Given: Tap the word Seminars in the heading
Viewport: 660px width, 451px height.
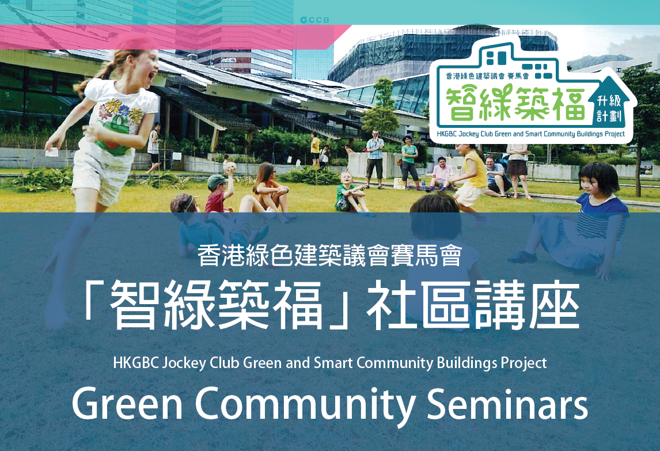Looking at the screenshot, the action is [x=507, y=403].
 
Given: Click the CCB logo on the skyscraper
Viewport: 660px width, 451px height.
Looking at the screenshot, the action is [x=314, y=20].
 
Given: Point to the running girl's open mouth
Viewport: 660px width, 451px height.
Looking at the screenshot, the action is [x=150, y=77].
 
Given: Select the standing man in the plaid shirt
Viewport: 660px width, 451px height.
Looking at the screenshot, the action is [x=374, y=158].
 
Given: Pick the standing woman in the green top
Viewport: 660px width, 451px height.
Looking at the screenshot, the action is [x=409, y=162].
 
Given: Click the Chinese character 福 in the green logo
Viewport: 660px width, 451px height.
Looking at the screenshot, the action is [x=569, y=103].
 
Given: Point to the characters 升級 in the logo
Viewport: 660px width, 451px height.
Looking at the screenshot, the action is [x=609, y=101].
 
